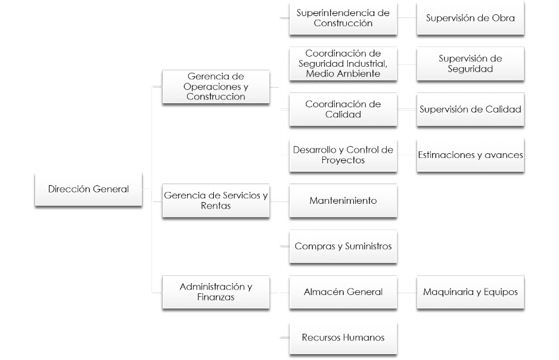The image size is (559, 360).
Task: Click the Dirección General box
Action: (x=88, y=189)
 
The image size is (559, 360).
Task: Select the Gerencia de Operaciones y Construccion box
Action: (x=216, y=86)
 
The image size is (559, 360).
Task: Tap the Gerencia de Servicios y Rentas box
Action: (x=216, y=200)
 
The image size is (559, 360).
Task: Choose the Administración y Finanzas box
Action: (x=216, y=291)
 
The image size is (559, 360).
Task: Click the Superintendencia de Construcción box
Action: (x=343, y=18)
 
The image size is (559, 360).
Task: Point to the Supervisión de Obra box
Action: (x=470, y=18)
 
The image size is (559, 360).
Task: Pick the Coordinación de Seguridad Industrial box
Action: (x=343, y=63)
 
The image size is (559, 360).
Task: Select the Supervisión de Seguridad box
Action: (x=470, y=63)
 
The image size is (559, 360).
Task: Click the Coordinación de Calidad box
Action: (x=343, y=109)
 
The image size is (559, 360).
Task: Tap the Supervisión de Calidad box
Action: (x=470, y=109)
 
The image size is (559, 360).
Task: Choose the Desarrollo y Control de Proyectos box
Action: (x=343, y=155)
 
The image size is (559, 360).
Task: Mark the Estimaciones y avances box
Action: (x=470, y=155)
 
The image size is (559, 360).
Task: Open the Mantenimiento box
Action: (x=343, y=200)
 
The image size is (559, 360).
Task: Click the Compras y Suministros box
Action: (x=343, y=246)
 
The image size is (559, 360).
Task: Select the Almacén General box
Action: (x=343, y=291)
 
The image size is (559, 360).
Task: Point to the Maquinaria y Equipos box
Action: (x=470, y=291)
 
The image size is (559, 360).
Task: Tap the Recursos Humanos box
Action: (x=343, y=337)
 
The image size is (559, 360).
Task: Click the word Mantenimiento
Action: (x=343, y=201)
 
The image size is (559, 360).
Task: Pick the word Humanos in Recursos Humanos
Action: (x=364, y=338)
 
